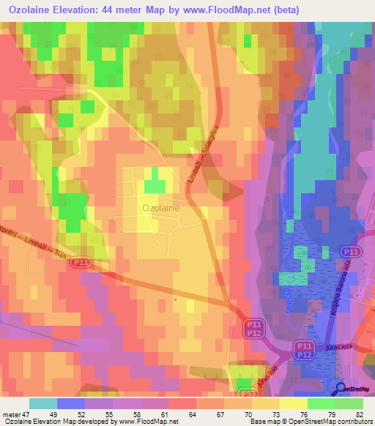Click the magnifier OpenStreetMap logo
[x=341, y=389]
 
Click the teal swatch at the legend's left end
[x=43, y=403]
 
